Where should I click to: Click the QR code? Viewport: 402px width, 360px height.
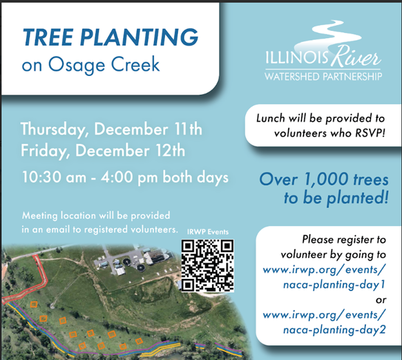pos(207,265)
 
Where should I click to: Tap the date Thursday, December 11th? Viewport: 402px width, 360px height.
pos(111,129)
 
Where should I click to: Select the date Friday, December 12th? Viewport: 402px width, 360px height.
pos(103,151)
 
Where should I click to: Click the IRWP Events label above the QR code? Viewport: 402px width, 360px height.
pos(207,231)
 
